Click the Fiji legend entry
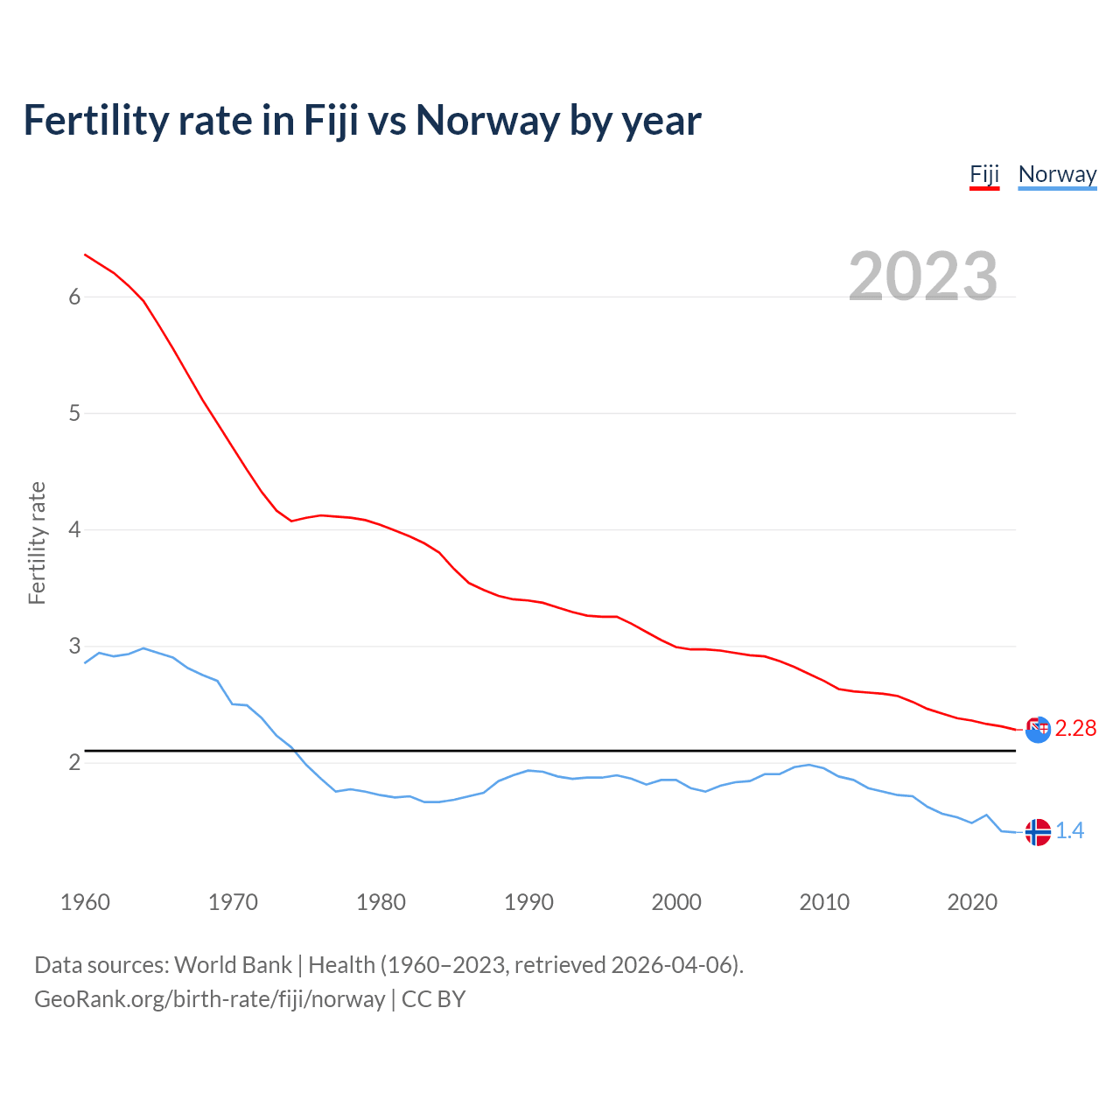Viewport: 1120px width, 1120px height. click(x=984, y=174)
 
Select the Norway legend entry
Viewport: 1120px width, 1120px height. click(x=1057, y=174)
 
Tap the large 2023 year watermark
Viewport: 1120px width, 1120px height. click(x=922, y=276)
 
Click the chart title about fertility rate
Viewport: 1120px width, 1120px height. click(x=362, y=120)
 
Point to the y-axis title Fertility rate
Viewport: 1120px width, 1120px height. click(x=37, y=542)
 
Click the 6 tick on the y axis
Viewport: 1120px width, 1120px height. click(x=74, y=297)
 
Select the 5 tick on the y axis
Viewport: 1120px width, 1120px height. click(x=74, y=413)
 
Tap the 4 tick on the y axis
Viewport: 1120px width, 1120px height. click(x=74, y=529)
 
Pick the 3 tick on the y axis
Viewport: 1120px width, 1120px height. click(x=74, y=646)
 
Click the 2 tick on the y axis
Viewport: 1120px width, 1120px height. click(x=74, y=762)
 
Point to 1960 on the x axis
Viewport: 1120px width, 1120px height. click(x=85, y=902)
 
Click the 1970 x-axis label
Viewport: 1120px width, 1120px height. click(x=233, y=902)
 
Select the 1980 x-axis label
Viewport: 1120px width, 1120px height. click(x=381, y=902)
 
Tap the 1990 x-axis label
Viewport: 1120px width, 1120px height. click(x=528, y=902)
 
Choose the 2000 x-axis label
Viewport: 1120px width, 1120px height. click(x=676, y=902)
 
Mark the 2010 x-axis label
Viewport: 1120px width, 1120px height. click(x=824, y=902)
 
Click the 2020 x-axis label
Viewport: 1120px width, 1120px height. click(x=972, y=902)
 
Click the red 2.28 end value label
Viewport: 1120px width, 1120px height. click(x=1075, y=729)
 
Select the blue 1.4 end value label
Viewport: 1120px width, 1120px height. click(x=1069, y=831)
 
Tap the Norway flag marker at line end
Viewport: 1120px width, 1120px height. click(x=1038, y=832)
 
